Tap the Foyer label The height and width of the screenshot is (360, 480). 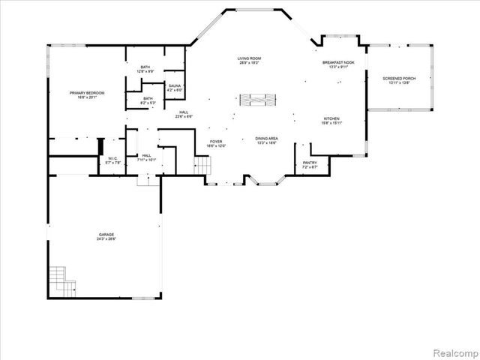(216, 142)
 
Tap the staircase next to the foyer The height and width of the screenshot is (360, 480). (201, 165)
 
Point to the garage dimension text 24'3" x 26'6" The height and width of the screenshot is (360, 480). (106, 239)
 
